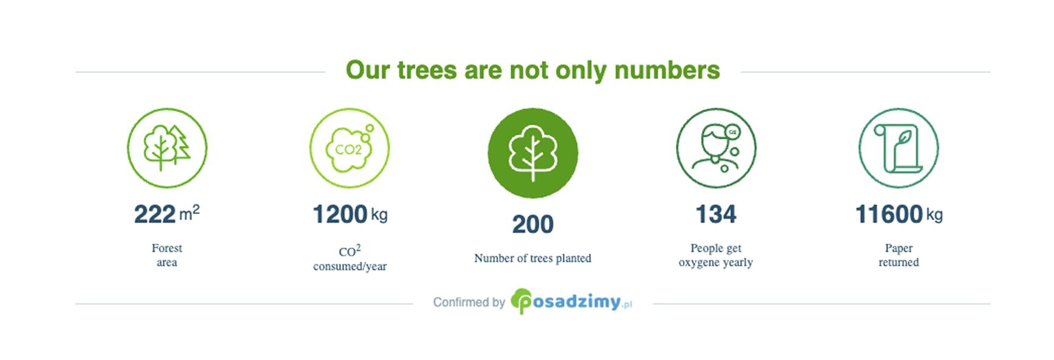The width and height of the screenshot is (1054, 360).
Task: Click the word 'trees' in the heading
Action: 427,71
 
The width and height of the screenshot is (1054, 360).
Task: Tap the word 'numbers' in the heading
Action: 667,71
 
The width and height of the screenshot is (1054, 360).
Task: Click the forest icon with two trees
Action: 167,148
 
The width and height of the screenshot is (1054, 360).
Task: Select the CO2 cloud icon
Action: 350,148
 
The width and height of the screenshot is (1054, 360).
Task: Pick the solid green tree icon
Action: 533,153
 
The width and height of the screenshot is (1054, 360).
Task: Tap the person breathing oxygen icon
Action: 716,148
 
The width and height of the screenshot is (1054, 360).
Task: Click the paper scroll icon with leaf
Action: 898,148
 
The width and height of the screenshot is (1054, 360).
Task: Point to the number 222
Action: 155,215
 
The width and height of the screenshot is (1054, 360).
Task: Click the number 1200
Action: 340,215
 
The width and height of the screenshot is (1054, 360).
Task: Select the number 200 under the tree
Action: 533,224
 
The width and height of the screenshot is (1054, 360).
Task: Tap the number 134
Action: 716,215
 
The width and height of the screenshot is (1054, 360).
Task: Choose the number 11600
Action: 889,215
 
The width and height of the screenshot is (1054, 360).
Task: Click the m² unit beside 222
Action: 190,213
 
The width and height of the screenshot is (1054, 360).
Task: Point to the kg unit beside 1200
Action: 379,215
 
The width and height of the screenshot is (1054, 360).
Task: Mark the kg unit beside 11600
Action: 934,215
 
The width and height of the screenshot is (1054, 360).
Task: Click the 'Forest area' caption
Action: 167,255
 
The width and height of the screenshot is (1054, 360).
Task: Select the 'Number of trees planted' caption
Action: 532,258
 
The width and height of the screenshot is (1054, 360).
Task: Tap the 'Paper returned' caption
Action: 898,255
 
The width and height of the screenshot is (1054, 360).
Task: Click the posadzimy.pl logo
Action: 571,302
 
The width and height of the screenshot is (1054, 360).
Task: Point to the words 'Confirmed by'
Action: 469,302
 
